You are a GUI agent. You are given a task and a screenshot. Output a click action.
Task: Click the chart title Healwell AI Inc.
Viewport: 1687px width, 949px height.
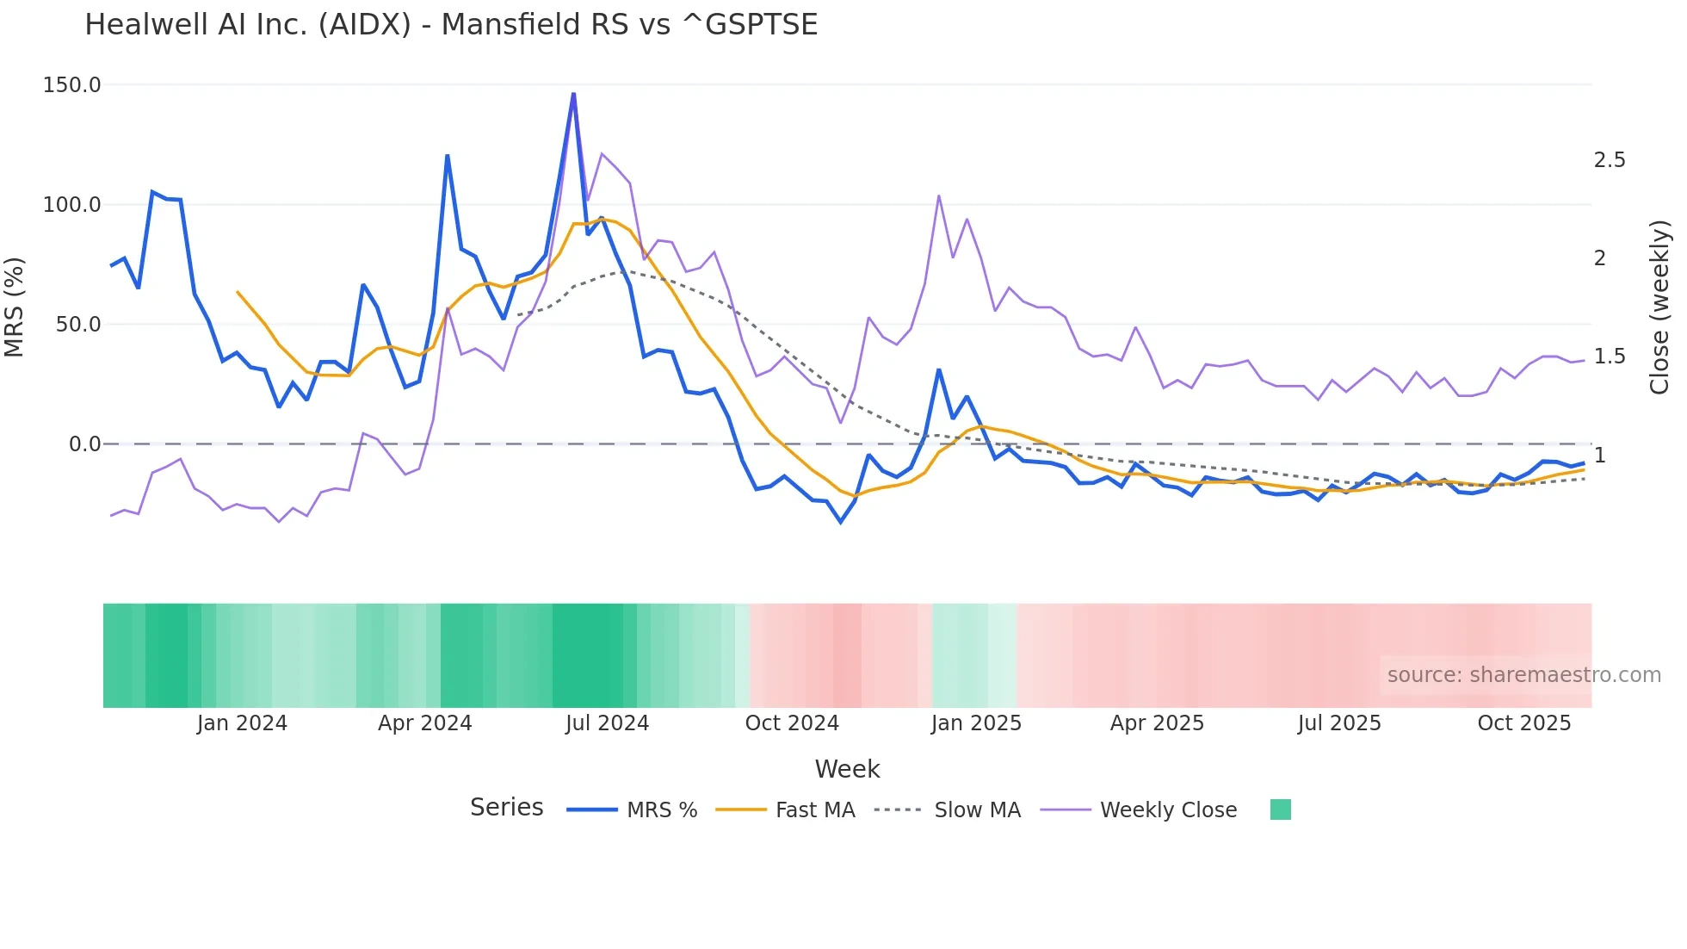[x=450, y=25]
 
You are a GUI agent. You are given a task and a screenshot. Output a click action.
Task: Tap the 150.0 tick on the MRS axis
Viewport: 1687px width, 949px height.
[x=71, y=85]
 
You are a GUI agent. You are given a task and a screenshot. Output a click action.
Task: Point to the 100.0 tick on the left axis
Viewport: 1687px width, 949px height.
[x=71, y=205]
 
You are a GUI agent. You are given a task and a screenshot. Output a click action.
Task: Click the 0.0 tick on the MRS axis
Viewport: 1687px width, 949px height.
[x=84, y=444]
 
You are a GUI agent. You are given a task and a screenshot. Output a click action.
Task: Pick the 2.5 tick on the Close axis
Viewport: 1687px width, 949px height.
[x=1610, y=160]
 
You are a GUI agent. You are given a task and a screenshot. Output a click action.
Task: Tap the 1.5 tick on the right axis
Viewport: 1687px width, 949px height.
[x=1610, y=357]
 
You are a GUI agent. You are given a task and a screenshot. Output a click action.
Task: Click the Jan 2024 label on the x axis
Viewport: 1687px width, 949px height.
[x=242, y=723]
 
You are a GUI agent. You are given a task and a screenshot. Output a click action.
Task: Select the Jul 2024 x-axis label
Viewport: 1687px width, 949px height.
[x=607, y=723]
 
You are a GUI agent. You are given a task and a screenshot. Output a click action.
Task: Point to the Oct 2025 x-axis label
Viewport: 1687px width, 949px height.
[x=1523, y=723]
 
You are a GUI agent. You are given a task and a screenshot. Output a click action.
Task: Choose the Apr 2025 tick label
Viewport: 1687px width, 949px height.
[x=1157, y=723]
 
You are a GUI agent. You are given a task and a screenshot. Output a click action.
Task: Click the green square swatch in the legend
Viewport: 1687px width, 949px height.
[x=1280, y=809]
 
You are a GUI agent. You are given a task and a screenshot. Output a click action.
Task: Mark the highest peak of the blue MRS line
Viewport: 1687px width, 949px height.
[x=573, y=94]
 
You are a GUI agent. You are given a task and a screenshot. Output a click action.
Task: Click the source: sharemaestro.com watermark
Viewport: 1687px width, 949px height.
[x=1523, y=675]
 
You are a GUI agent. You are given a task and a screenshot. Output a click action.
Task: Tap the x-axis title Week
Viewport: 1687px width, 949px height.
[x=847, y=769]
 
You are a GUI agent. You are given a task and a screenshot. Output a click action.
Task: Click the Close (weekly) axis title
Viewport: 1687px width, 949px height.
[x=1659, y=307]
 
